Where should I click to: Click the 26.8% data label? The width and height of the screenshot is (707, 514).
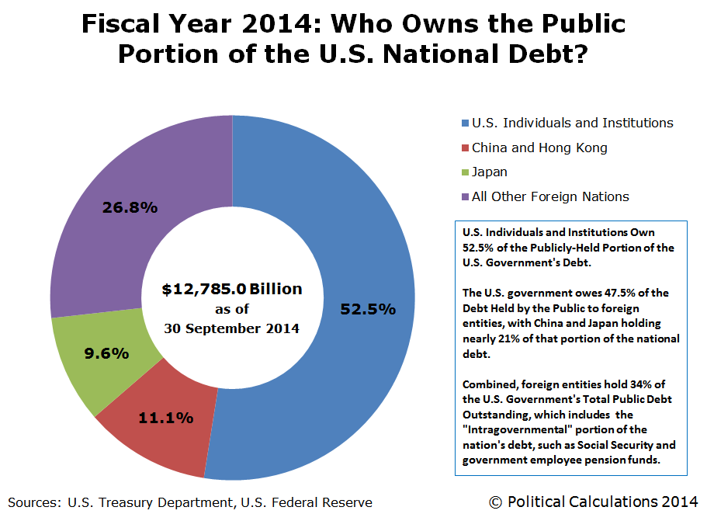(130, 207)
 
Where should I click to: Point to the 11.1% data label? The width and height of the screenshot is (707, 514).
(165, 418)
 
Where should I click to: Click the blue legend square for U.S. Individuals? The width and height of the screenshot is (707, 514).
(465, 123)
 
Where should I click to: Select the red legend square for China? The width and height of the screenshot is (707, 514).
(465, 148)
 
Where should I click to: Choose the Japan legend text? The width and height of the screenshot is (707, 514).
(490, 172)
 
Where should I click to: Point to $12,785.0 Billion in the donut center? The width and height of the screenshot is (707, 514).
(232, 290)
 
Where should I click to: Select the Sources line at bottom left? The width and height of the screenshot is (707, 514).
(190, 502)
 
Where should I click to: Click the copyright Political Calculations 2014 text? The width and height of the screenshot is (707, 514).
(593, 502)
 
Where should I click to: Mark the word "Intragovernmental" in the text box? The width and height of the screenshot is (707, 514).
(514, 429)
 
